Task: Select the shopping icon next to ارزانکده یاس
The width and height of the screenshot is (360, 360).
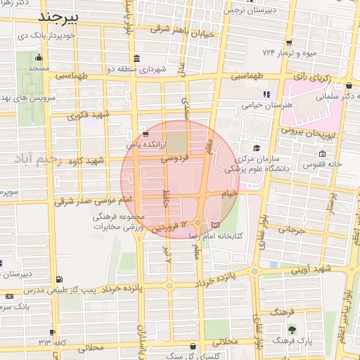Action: tap(145, 133)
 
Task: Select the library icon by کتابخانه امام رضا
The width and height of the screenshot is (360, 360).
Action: tap(215, 224)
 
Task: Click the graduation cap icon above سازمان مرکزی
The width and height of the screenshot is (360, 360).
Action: tap(257, 148)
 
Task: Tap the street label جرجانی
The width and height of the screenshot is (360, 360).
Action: tap(289, 229)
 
